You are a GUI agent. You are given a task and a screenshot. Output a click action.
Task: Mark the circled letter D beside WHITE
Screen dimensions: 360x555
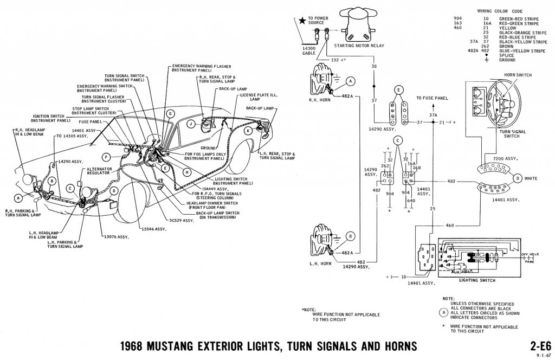tap(518, 178)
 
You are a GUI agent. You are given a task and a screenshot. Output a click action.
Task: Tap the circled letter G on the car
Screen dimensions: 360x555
tap(170, 114)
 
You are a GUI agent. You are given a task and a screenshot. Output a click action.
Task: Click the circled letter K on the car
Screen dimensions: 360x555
tap(248, 131)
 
